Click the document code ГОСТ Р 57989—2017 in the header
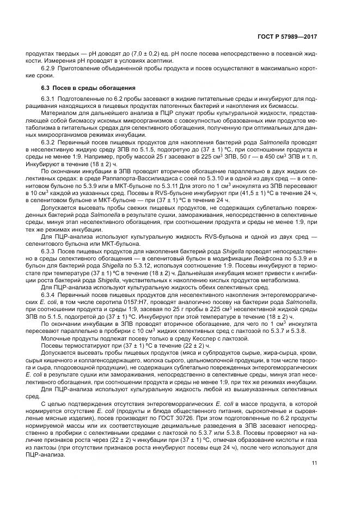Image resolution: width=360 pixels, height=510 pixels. pyautogui.click(x=288, y=37)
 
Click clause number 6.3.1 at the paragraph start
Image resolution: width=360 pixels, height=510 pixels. pyautogui.click(x=50, y=98)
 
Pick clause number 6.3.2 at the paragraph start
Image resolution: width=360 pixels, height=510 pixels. pyautogui.click(x=50, y=142)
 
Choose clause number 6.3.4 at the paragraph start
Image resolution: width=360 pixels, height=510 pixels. pyautogui.click(x=50, y=301)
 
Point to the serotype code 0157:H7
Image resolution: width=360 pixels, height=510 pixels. pyautogui.click(x=118, y=308)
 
